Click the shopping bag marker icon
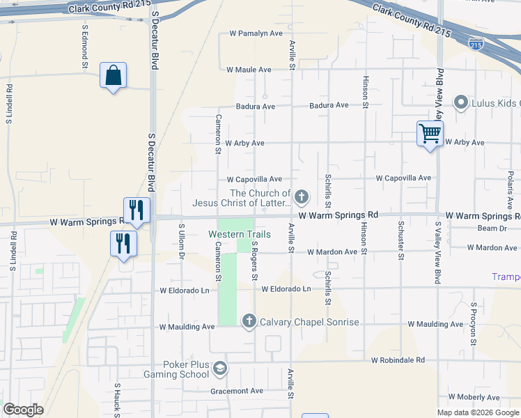[113, 76]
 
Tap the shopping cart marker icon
[430, 133]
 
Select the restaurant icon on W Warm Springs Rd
[137, 210]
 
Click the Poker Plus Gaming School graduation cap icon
[220, 368]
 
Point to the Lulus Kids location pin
[460, 103]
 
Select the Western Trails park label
[240, 234]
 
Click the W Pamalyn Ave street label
[256, 33]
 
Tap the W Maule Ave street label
[249, 70]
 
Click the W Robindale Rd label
[398, 361]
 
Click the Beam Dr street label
[492, 229]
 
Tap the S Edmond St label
[85, 47]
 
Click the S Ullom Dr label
[181, 242]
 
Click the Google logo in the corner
[23, 410]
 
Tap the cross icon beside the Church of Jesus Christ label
[302, 198]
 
